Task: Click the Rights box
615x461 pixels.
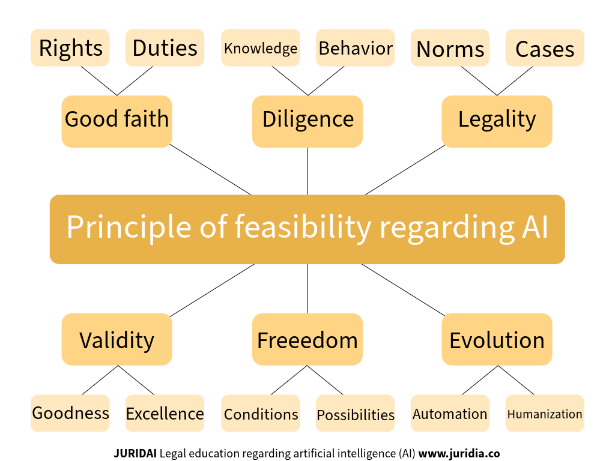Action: coord(70,48)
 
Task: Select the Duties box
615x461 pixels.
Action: coord(165,48)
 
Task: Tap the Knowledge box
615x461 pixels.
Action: coord(261,48)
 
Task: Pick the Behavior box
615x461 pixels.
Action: coord(356,48)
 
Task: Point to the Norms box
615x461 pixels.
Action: coord(450,48)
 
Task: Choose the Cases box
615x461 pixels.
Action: coord(545,48)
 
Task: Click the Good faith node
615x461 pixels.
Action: coord(117,121)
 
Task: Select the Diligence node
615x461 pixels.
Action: coord(307,121)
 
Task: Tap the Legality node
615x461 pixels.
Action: coord(497,121)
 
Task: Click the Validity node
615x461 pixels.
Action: coord(117,340)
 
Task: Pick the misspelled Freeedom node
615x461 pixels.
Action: coord(307,340)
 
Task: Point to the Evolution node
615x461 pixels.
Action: coord(497,340)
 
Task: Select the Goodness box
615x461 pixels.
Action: coord(70,413)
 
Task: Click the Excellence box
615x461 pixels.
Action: coord(165,413)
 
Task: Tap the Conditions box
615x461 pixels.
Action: coord(261,413)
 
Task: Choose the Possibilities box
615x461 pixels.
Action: coord(356,413)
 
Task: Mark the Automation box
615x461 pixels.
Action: coord(450,413)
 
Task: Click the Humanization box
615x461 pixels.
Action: coord(545,413)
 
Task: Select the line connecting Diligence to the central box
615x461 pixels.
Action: coord(307,171)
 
